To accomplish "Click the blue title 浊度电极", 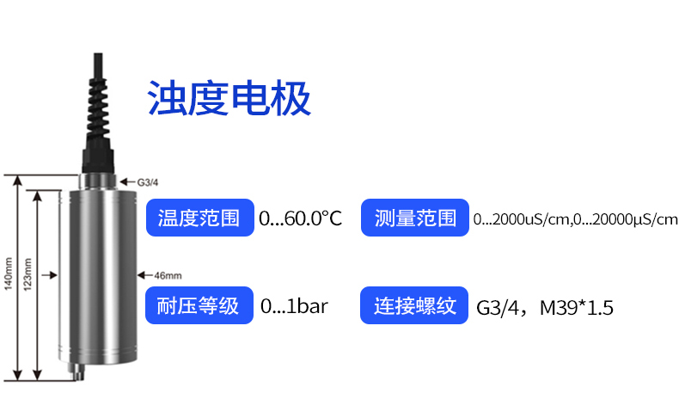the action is click(229, 98).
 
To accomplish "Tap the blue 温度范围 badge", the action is click(200, 218).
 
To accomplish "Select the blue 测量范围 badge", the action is click(415, 218).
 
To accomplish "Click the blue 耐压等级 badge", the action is click(199, 305).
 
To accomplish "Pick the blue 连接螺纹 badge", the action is click(414, 305).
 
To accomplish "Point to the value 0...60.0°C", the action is click(301, 218).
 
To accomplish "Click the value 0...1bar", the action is click(295, 306).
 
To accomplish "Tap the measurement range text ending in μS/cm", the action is click(576, 219).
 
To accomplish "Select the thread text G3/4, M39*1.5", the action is click(545, 308).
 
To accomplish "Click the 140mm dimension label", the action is click(9, 274).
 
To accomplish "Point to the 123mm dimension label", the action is click(28, 274).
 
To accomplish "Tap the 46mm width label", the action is click(168, 275).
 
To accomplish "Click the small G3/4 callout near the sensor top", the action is click(148, 182).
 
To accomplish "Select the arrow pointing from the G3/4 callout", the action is click(127, 182).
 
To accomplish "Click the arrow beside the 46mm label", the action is click(145, 275).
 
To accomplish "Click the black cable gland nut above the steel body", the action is click(98, 159).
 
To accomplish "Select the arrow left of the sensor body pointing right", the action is click(50, 275).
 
